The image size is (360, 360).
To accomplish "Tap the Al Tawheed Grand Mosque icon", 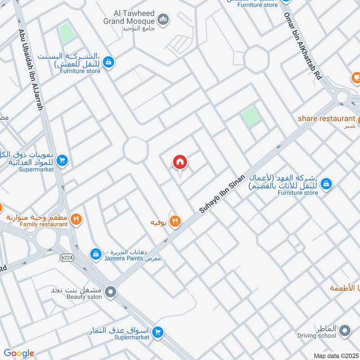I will pos(163,19).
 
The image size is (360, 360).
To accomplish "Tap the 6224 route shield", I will pos(66,257).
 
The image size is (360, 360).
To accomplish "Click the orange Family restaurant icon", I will pos(76,219).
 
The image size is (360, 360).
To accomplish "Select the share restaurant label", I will pos(326,119).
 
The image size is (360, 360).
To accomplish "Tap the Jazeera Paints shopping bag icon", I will pos(95,254).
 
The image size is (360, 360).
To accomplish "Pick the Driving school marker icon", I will pos(345,332).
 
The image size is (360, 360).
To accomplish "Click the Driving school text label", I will pos(316,335).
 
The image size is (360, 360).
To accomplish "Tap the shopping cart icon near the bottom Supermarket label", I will pos(157,333).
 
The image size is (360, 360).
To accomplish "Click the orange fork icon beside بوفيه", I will pos(175,221).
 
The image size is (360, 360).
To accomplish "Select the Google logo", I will pos(18,353).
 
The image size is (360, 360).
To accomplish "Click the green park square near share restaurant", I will pos(251,116).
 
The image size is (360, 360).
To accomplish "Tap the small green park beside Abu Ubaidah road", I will pos(67,33).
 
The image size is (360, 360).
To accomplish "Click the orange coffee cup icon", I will pos(356,78).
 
